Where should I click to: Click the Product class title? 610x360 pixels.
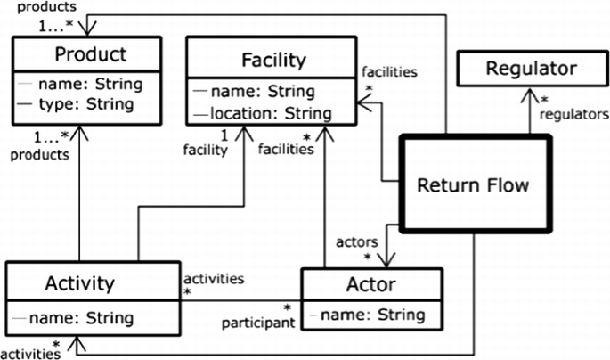[x=86, y=54]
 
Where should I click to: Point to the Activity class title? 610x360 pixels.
[x=80, y=283]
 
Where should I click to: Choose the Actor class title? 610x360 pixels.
[x=371, y=287]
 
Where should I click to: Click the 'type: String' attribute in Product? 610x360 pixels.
[x=91, y=104]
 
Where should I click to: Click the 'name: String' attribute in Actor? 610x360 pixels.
[x=377, y=315]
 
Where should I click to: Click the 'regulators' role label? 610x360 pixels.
[x=573, y=114]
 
